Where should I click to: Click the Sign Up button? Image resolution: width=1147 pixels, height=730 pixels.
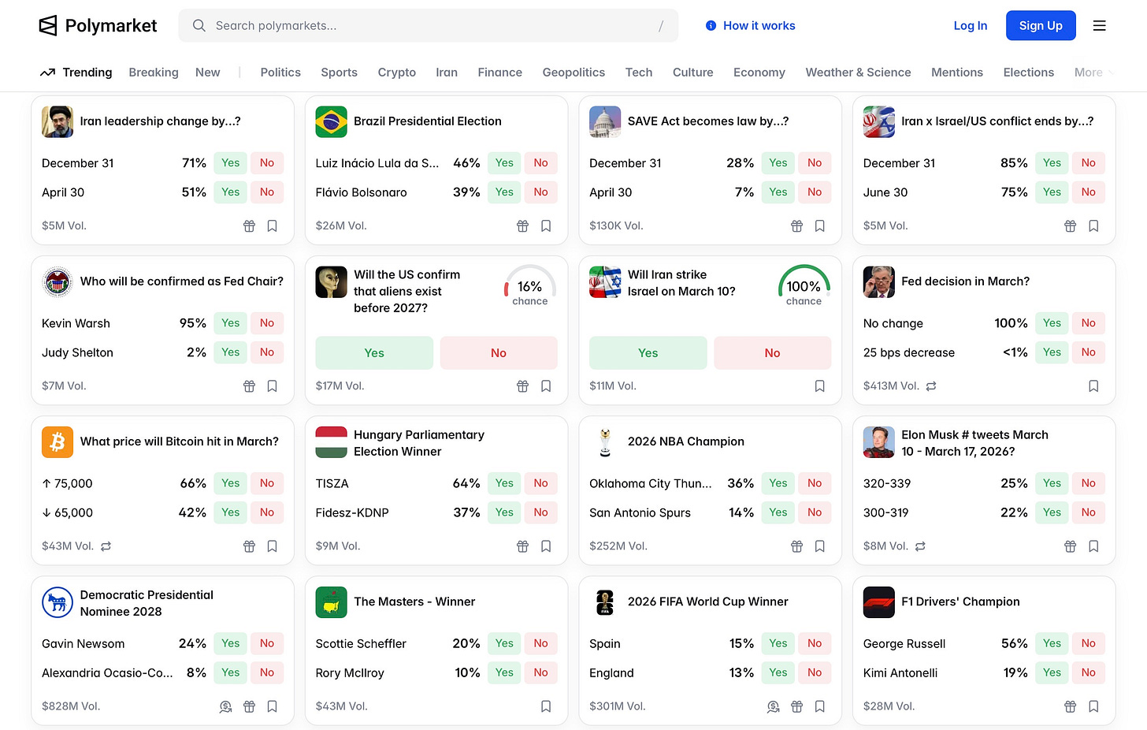pos(1040,26)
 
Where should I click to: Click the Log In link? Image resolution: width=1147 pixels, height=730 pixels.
pos(970,26)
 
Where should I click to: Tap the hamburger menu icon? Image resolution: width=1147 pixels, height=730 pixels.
pos(1099,26)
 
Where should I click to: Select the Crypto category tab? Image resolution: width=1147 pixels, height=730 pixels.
pos(396,73)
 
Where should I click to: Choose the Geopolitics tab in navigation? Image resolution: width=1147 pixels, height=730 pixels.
pos(573,73)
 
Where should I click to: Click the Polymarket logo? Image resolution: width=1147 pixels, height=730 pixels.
pos(98,26)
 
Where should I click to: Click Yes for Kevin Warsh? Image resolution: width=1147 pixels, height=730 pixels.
pos(230,323)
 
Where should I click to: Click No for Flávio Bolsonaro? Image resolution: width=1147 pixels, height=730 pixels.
pos(540,192)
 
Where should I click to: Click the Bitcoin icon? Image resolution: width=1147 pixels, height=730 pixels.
pos(58,442)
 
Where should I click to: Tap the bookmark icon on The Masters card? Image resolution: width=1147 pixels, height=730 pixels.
pos(545,706)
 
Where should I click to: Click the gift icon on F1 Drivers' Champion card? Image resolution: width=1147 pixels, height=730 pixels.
pos(1070,706)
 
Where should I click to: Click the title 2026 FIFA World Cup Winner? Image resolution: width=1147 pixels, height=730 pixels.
pos(707,602)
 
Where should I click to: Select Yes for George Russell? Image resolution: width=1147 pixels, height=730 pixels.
pos(1052,643)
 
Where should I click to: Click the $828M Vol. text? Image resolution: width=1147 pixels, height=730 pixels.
pos(71,706)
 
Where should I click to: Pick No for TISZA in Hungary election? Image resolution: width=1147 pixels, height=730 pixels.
pos(540,483)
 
